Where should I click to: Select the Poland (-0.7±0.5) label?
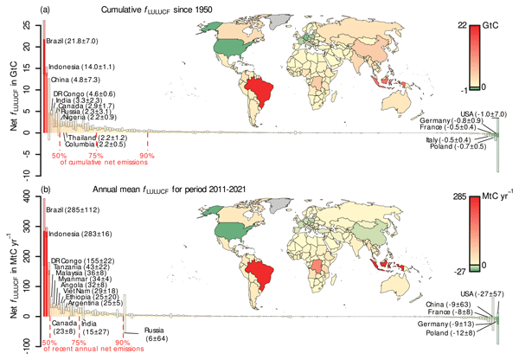tap(465, 147)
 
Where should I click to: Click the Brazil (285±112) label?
tap(74, 210)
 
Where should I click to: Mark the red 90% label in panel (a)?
tap(148, 157)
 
